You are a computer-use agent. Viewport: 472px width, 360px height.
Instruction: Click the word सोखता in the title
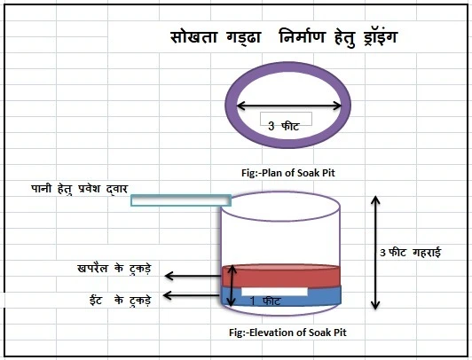(193, 37)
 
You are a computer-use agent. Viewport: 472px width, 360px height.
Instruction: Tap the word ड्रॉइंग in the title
(380, 37)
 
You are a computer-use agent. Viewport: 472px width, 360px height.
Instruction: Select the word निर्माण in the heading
(303, 36)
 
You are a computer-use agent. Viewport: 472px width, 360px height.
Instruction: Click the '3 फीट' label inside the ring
(284, 126)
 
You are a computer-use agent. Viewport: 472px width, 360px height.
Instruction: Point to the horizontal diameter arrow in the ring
(289, 106)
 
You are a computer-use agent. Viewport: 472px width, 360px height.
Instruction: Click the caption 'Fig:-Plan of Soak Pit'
(288, 173)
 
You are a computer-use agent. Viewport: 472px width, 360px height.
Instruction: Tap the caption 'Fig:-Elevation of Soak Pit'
(287, 333)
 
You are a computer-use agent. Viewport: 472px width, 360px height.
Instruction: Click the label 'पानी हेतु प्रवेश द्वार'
(80, 189)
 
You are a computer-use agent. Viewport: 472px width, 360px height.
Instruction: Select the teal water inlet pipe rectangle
(181, 200)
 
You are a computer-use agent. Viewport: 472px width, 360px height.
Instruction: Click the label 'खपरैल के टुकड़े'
(114, 268)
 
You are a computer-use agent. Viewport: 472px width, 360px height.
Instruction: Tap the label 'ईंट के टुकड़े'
(121, 300)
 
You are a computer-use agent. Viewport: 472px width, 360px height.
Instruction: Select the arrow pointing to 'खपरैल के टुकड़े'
(193, 276)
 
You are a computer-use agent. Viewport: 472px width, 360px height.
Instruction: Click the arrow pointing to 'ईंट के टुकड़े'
(192, 295)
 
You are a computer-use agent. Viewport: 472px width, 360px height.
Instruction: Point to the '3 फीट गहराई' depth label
(410, 253)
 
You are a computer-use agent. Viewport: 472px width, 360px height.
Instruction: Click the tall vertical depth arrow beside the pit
(375, 253)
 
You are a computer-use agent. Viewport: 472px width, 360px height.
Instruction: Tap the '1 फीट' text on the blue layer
(265, 301)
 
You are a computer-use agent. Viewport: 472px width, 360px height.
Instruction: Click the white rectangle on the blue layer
(274, 292)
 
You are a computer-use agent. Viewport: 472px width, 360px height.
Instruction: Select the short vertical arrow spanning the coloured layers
(232, 286)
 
